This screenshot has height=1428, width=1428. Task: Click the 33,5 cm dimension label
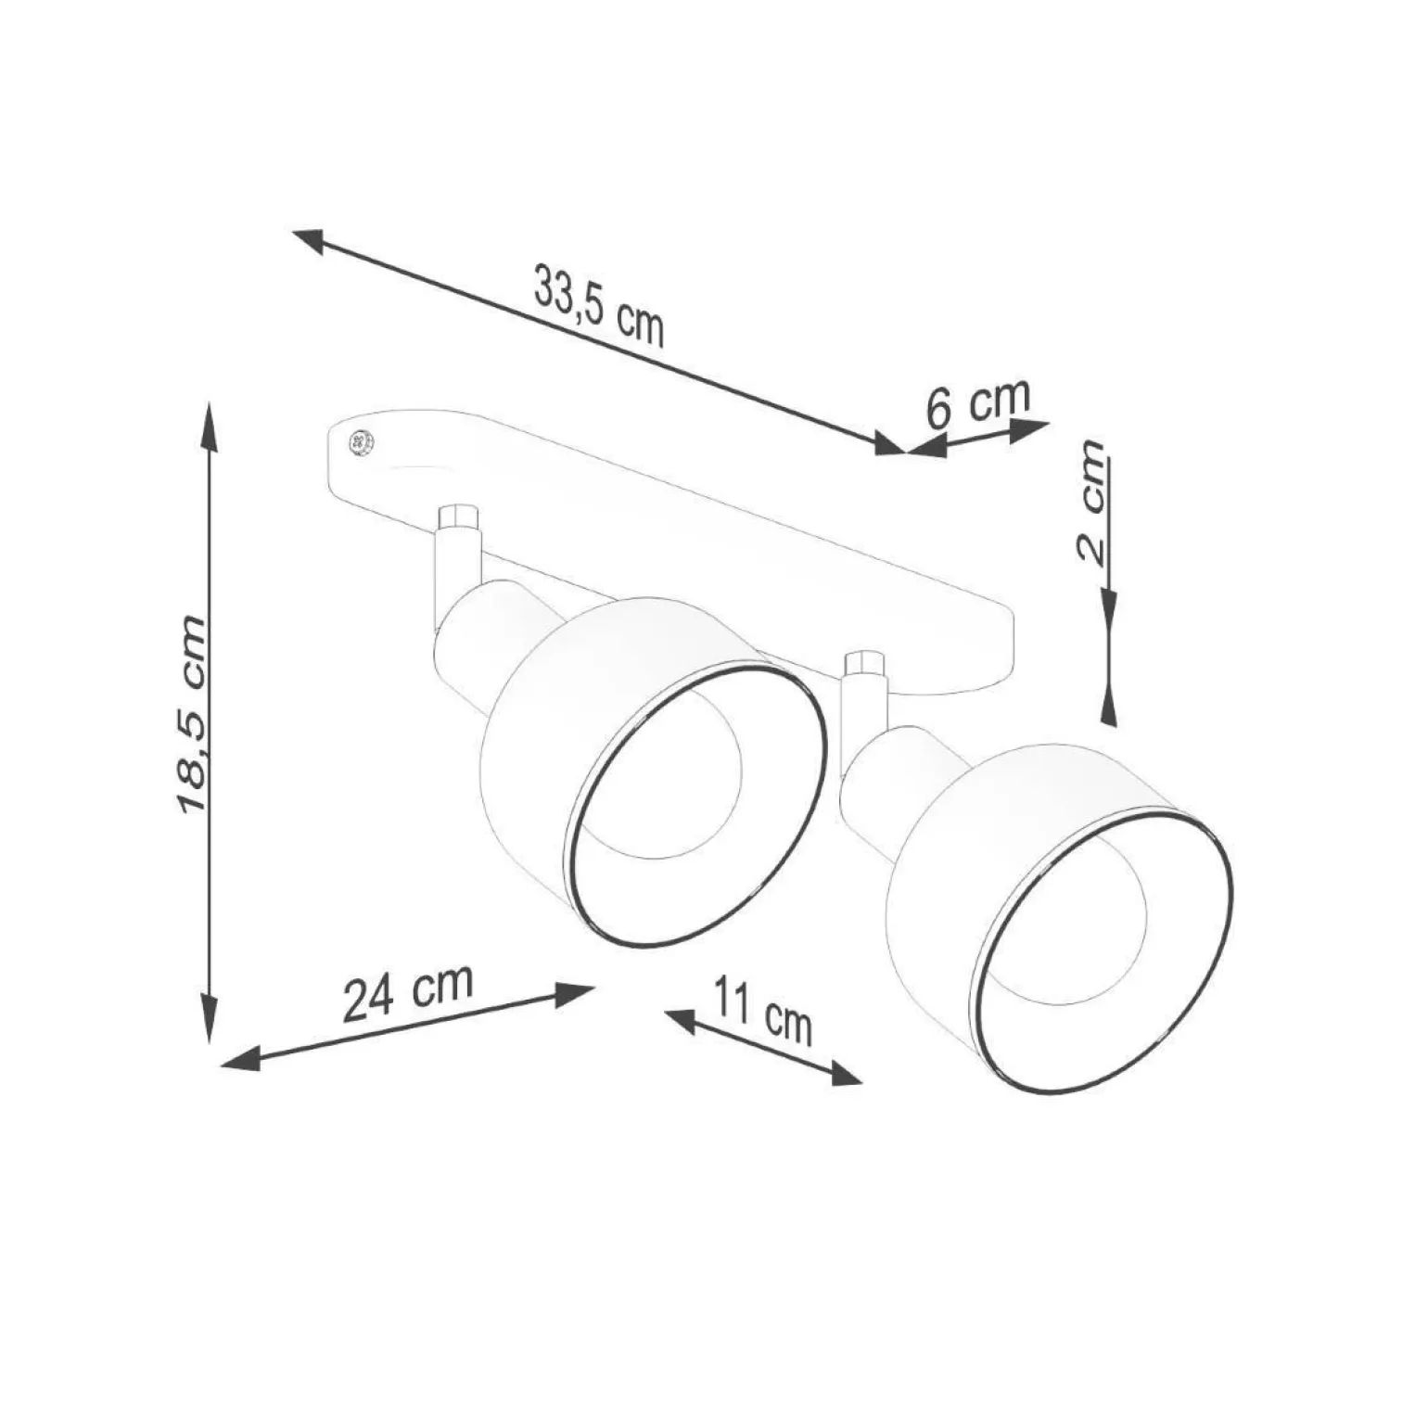tap(599, 304)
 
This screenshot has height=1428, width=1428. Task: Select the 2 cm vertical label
tap(1091, 502)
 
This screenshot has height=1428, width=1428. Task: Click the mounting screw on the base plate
tap(357, 442)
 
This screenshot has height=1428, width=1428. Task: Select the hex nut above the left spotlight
tap(457, 516)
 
